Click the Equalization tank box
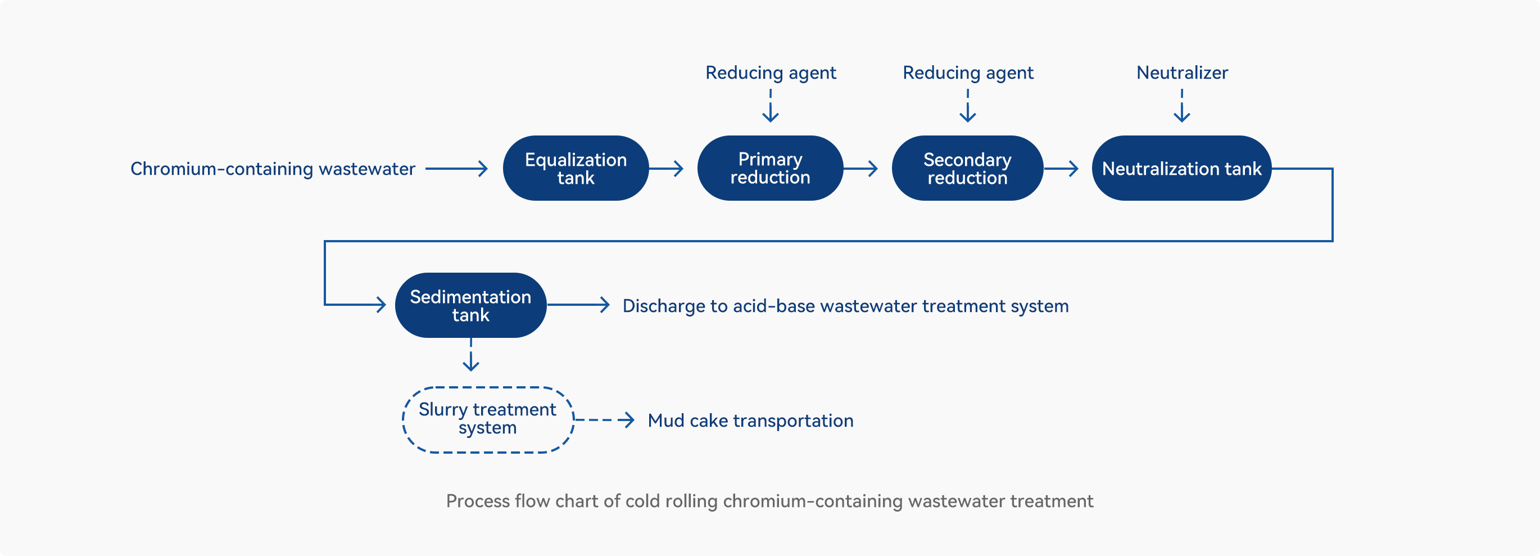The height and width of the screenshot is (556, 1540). click(576, 168)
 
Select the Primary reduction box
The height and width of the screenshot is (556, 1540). click(770, 168)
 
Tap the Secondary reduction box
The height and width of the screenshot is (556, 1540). click(967, 168)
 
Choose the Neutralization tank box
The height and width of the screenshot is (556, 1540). click(1181, 168)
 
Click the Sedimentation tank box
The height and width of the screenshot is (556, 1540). click(470, 305)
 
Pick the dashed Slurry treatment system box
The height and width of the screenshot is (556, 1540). click(488, 387)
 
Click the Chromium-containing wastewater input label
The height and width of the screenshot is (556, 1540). click(273, 169)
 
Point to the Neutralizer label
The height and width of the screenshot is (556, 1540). click(1182, 73)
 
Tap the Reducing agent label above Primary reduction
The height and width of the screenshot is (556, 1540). click(771, 73)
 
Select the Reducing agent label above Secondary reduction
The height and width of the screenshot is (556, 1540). click(968, 73)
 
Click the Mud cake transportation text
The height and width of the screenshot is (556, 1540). click(750, 421)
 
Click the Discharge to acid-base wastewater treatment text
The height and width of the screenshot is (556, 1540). click(845, 306)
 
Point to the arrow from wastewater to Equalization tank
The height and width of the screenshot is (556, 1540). click(457, 169)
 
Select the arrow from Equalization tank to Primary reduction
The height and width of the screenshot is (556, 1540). click(666, 169)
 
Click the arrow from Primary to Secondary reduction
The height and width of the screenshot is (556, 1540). click(860, 169)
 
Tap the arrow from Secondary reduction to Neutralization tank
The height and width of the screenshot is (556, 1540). click(1061, 169)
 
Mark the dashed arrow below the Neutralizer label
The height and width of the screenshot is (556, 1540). click(1182, 106)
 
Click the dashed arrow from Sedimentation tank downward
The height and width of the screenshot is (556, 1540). click(471, 355)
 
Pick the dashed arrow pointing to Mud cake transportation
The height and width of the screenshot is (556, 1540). click(604, 420)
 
